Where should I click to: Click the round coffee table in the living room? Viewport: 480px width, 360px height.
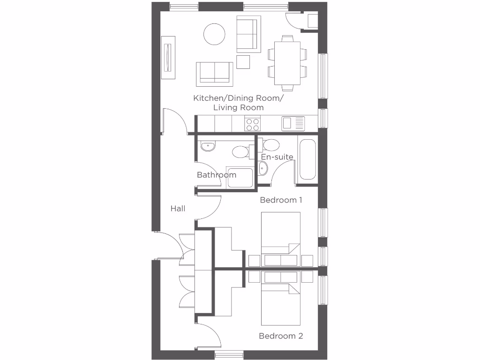coord(214,34)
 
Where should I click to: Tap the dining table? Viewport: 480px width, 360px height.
coord(287,62)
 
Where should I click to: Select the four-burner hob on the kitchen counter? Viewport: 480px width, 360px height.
coord(253,124)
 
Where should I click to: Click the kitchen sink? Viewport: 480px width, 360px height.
coord(293,124)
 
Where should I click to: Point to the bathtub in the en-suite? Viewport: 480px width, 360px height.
coord(307,159)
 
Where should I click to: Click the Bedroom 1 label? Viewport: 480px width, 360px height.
coord(281,200)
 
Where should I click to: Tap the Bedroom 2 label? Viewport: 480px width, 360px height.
coord(281,336)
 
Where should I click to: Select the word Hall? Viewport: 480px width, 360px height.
coord(178,209)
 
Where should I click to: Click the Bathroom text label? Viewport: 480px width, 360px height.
coord(217,175)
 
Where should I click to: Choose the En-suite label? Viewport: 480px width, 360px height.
coord(277,157)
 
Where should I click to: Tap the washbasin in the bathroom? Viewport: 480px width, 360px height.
coord(207,147)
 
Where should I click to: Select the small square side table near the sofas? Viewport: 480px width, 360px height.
coord(243,62)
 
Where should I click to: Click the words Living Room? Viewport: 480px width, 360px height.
coord(238,108)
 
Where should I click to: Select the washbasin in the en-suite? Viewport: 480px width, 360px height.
coord(263,169)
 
